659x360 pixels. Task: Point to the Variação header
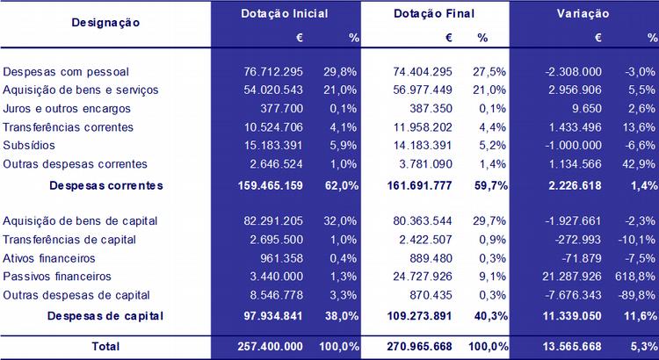pyautogui.click(x=584, y=15)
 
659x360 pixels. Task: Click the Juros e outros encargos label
pyautogui.click(x=68, y=108)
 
